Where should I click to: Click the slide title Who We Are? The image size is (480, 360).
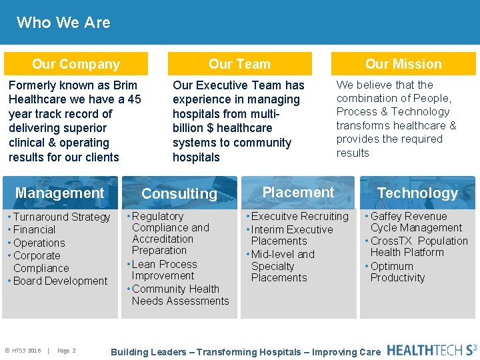pyautogui.click(x=63, y=23)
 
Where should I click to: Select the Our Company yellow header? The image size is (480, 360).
pyautogui.click(x=76, y=64)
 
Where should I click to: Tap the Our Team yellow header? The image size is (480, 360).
pyautogui.click(x=239, y=64)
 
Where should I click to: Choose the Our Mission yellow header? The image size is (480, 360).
pyautogui.click(x=403, y=64)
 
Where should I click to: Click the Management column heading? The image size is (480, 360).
pyautogui.click(x=60, y=193)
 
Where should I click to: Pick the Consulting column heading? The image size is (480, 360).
pyautogui.click(x=179, y=193)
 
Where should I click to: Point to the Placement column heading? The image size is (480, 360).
pyautogui.click(x=298, y=192)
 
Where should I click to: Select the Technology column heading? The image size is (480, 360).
pyautogui.click(x=417, y=193)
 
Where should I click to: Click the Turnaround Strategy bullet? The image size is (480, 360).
pyautogui.click(x=61, y=217)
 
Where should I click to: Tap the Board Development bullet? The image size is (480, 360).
pyautogui.click(x=60, y=281)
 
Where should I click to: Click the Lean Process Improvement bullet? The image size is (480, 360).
pyautogui.click(x=164, y=270)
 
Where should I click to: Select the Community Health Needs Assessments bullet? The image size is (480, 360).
pyautogui.click(x=180, y=295)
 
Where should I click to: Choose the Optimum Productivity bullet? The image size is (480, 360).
pyautogui.click(x=397, y=272)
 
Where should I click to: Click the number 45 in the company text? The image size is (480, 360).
pyautogui.click(x=134, y=99)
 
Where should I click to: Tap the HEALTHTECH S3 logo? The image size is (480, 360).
pyautogui.click(x=432, y=349)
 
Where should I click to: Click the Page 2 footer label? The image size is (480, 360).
pyautogui.click(x=67, y=351)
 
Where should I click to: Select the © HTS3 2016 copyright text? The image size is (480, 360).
pyautogui.click(x=23, y=351)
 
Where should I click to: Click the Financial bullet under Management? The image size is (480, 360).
pyautogui.click(x=35, y=230)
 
